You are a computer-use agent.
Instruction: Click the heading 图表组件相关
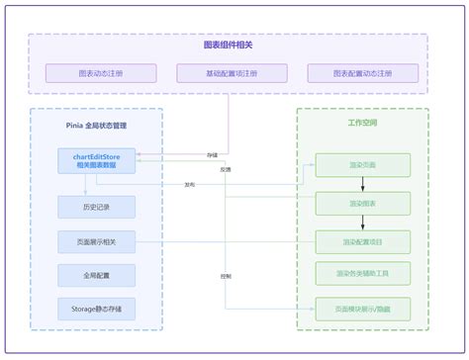point(229,45)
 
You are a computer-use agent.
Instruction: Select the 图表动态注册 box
point(101,73)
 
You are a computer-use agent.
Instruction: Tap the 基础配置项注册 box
point(232,73)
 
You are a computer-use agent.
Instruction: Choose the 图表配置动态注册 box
point(362,73)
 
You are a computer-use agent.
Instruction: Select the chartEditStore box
point(96,160)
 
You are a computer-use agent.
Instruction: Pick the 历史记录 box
point(96,206)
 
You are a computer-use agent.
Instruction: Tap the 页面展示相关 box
point(96,240)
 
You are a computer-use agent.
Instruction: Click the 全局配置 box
point(96,274)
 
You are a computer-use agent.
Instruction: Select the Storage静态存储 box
point(96,309)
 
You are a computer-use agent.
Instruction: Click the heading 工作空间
point(362,124)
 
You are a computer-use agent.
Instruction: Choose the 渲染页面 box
point(362,165)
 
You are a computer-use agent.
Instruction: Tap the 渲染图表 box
point(362,204)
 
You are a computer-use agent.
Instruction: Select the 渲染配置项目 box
point(362,241)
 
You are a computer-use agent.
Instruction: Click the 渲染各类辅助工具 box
point(362,273)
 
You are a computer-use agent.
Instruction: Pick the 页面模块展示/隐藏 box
point(362,309)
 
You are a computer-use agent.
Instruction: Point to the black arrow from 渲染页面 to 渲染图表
point(362,185)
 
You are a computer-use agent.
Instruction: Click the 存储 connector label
point(212,155)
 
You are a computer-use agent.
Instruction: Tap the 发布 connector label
point(189,185)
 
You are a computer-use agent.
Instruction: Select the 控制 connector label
point(228,276)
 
